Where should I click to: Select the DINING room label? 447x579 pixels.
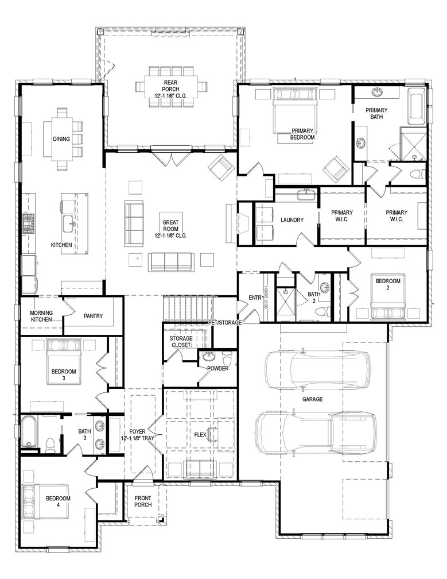tap(61, 139)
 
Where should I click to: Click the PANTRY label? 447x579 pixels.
tap(92, 316)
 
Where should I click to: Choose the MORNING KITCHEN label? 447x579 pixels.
tap(41, 316)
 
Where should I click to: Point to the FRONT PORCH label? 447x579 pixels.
tap(142, 501)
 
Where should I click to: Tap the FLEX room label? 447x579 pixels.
tap(200, 434)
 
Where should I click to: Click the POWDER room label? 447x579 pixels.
tap(217, 368)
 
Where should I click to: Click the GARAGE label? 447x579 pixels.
tap(313, 399)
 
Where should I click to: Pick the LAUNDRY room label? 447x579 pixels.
tap(291, 220)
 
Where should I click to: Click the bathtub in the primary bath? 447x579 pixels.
tap(417, 106)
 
